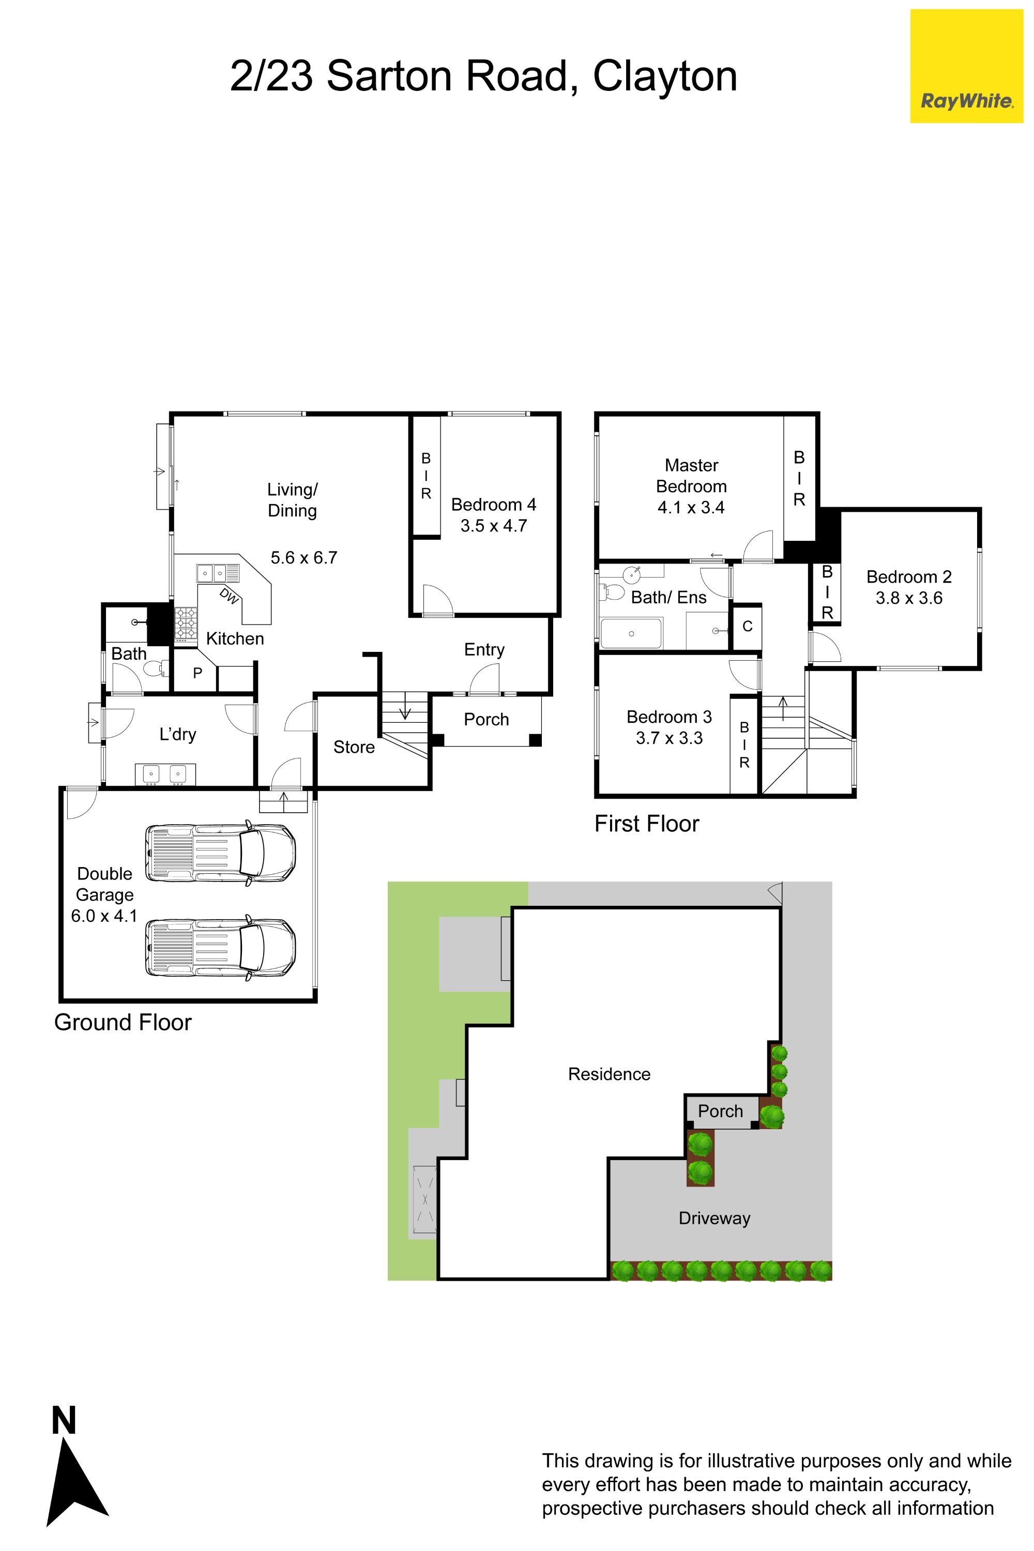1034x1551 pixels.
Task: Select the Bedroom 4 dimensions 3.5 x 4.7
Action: [x=493, y=526]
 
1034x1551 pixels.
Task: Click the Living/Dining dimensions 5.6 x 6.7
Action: [x=304, y=558]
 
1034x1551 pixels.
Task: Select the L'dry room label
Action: [x=178, y=735]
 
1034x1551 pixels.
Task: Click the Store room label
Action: [x=354, y=747]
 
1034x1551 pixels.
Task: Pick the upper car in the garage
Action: [x=220, y=854]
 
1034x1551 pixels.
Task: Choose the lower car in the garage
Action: [x=220, y=948]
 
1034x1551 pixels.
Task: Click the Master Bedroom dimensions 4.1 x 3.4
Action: [x=691, y=508]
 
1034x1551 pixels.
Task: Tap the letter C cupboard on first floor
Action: [x=747, y=627]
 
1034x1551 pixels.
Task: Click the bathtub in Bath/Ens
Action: [x=632, y=633]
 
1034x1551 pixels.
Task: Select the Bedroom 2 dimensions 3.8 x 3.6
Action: [x=909, y=598]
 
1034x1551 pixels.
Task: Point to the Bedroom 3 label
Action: [x=670, y=717]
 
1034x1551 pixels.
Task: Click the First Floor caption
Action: [x=647, y=824]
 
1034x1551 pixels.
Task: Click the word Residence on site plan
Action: [x=610, y=1074]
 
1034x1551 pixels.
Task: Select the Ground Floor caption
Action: [x=123, y=1022]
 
